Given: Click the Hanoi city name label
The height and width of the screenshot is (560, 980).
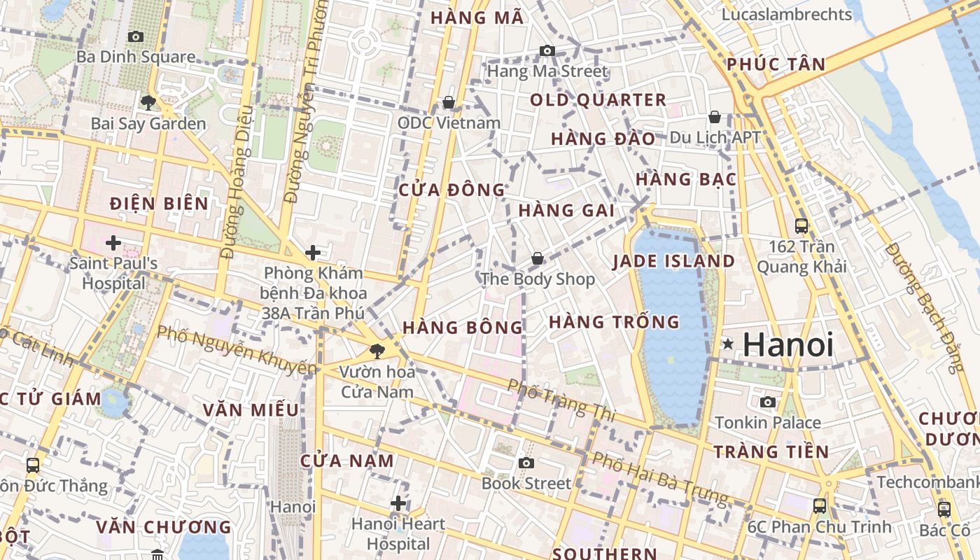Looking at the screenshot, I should (x=787, y=344).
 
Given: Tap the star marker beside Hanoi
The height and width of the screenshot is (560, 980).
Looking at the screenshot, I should (x=728, y=344).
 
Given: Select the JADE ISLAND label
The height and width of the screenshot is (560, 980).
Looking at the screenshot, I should (x=673, y=262).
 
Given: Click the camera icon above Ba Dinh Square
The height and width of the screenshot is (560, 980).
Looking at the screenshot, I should (x=135, y=36).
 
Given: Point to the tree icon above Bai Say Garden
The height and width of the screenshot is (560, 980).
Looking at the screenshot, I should (x=148, y=103).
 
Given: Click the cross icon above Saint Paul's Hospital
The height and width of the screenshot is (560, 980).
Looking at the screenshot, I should (x=113, y=243).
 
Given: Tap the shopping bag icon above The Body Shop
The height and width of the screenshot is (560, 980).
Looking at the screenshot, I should (x=537, y=259).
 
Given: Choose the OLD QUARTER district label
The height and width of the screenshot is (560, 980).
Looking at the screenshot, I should (x=598, y=100).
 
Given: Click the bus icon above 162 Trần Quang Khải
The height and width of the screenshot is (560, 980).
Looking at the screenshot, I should (x=801, y=226).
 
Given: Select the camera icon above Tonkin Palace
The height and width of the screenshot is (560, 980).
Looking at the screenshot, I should (x=768, y=402).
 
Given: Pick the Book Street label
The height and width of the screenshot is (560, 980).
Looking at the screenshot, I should (x=526, y=483).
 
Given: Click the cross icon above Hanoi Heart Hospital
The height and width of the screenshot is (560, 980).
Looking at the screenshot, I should (x=398, y=503).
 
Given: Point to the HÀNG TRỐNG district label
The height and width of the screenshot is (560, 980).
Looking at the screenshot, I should (x=614, y=322).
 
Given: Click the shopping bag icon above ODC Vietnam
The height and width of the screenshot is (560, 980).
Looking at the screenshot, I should (x=449, y=103).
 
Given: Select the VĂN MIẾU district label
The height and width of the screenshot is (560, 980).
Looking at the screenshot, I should (x=251, y=410).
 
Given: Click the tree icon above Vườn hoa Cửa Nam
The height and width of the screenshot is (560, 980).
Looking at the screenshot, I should (x=377, y=351).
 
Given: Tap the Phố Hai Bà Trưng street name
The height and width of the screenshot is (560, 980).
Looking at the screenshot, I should (x=659, y=479).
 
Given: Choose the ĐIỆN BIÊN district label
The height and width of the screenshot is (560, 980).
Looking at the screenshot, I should (x=159, y=204).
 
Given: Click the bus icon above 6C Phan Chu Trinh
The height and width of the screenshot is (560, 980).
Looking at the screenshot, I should (x=819, y=505).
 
